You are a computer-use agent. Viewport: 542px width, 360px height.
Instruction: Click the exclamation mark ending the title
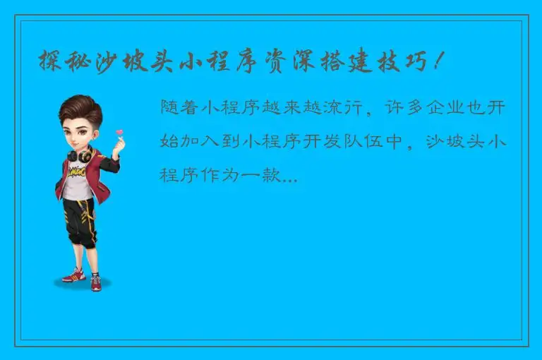click(x=439, y=62)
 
